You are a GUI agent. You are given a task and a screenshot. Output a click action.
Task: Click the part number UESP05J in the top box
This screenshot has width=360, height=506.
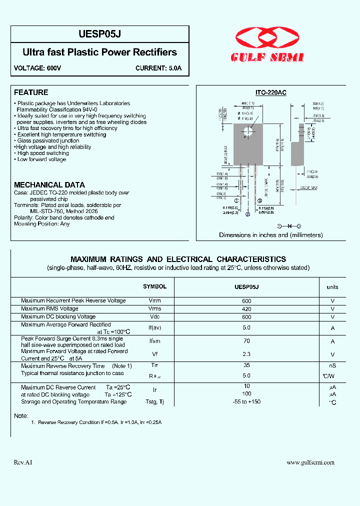100,33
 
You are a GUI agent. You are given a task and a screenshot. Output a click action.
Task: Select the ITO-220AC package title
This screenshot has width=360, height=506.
270,92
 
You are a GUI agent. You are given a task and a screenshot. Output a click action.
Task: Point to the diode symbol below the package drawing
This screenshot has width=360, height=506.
288,226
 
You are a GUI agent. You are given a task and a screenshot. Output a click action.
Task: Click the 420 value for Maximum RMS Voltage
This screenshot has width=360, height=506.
246,308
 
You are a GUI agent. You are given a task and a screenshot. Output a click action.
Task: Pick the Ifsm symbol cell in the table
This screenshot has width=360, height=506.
154,341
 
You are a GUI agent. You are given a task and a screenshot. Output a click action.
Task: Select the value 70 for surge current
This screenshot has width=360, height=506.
246,341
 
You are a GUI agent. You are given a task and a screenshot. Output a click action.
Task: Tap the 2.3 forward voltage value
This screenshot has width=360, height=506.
246,354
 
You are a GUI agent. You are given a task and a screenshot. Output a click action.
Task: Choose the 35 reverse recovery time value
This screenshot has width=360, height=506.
246,365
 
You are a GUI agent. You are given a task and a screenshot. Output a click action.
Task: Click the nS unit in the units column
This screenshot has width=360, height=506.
332,366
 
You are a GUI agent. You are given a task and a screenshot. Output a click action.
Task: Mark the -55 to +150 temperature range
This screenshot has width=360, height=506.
246,401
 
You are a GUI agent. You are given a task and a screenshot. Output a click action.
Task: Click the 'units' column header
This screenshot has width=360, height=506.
332,287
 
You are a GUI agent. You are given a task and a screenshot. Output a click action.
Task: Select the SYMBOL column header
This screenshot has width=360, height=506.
154,286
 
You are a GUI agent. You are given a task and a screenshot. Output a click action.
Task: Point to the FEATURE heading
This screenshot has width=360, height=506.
31,92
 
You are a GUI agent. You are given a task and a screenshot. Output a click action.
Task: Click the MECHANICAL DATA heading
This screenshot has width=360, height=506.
49,184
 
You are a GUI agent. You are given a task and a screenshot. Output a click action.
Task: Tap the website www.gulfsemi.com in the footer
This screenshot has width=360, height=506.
310,462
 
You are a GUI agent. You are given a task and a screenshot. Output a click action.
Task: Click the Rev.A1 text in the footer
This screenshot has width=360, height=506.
23,462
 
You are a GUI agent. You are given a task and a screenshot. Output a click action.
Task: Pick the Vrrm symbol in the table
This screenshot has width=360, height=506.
154,300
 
